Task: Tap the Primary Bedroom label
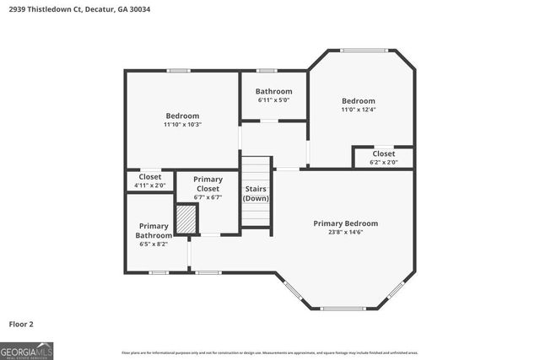(x=345, y=223)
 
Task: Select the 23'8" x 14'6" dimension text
(x=345, y=232)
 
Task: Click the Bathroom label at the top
(x=273, y=91)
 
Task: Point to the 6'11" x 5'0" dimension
(x=273, y=99)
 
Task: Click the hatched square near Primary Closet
(x=186, y=219)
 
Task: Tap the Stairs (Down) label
(x=256, y=193)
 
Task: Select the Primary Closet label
(x=208, y=184)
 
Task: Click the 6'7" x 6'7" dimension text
(x=208, y=197)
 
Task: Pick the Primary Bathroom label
(x=154, y=230)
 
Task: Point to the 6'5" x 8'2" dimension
(x=154, y=244)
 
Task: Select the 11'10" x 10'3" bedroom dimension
(x=182, y=124)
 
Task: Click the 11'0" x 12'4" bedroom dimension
(x=358, y=109)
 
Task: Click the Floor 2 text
(x=21, y=324)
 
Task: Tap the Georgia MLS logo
(x=26, y=349)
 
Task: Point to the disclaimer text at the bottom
(x=269, y=352)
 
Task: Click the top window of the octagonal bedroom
(x=361, y=50)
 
